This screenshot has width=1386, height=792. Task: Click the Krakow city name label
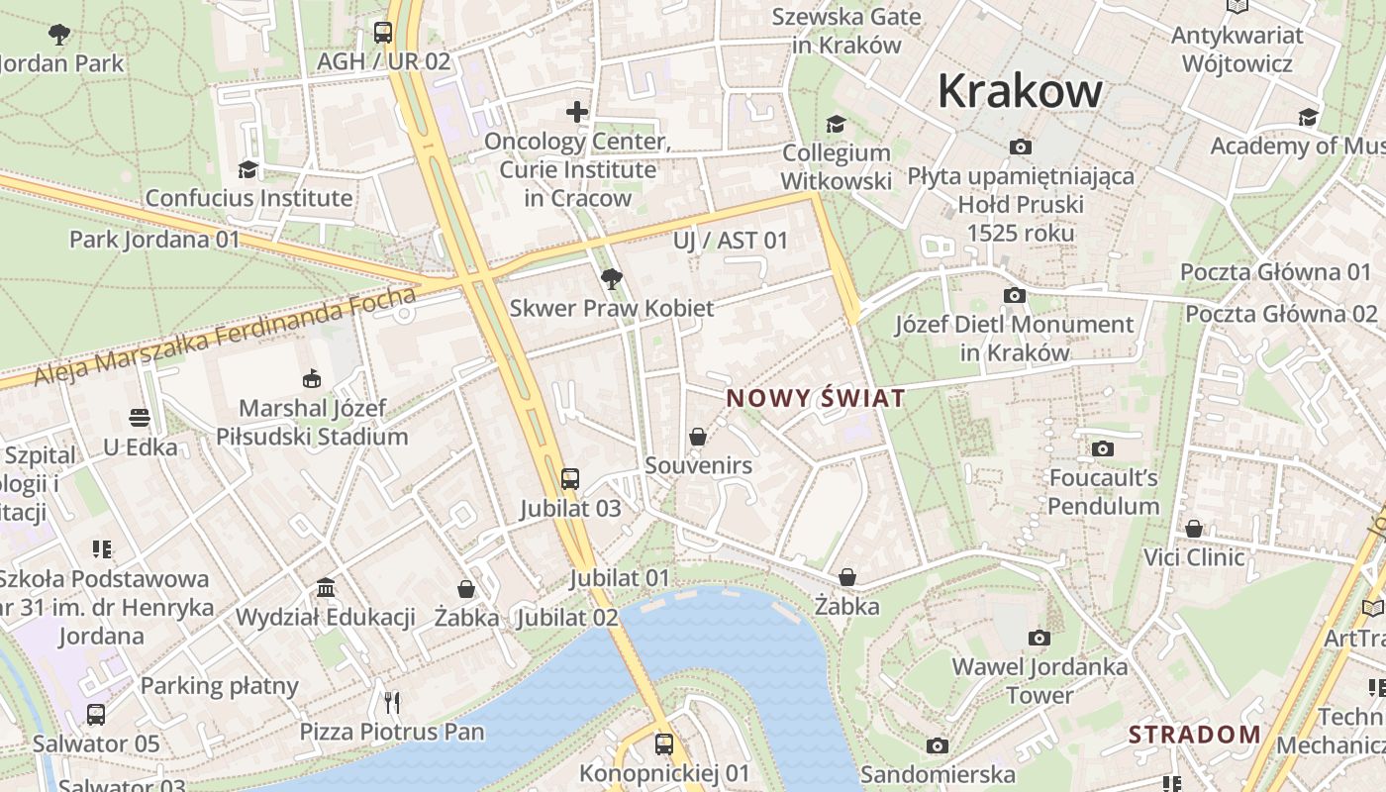point(1020,91)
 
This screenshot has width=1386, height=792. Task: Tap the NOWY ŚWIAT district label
point(816,398)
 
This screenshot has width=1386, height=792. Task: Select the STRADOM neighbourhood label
point(1195,735)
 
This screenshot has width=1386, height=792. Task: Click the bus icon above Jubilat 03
point(570,479)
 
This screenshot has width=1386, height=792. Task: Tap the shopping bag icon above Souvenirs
point(698,437)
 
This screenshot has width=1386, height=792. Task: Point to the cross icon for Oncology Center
point(577,112)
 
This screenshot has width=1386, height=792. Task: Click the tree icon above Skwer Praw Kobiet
point(612,279)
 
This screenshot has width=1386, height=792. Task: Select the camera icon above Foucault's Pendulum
point(1103,449)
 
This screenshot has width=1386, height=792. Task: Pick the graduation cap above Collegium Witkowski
point(837,124)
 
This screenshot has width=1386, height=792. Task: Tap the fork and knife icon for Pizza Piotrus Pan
point(392,703)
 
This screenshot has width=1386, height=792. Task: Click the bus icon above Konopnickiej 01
point(664,743)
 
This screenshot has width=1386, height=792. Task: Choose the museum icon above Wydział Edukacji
point(326,588)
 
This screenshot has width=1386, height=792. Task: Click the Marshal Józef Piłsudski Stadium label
point(312,422)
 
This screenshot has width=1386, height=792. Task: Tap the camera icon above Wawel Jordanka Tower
point(1039,638)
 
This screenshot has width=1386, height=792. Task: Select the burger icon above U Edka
point(140,418)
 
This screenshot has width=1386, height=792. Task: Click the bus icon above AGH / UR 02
point(383,33)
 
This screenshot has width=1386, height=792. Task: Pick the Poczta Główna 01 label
point(1276,272)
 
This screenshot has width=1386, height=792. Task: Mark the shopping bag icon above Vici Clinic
point(1194,529)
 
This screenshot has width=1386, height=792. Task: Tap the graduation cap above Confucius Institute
point(247,169)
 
